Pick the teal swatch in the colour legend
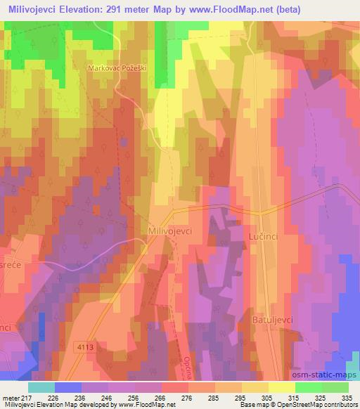(42, 387)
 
